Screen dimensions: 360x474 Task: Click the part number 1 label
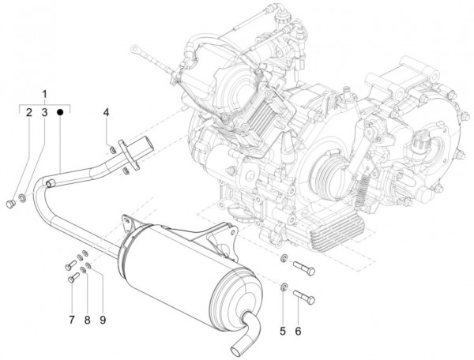45,94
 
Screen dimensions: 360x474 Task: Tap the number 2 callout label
29,114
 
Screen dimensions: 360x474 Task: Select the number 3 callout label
45,114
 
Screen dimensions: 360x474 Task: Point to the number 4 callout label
106,114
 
